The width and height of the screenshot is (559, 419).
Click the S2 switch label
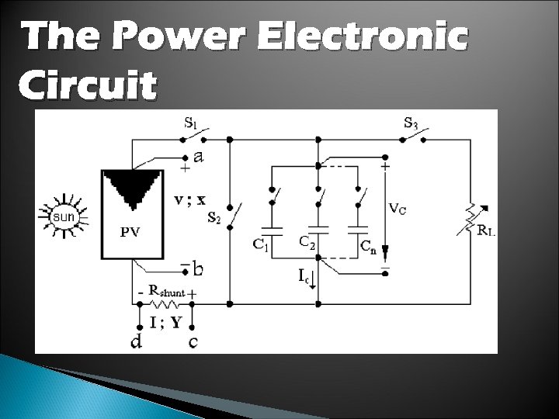[x=214, y=218]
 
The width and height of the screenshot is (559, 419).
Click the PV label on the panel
[x=131, y=231]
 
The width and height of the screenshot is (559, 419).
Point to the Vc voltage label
[x=398, y=208]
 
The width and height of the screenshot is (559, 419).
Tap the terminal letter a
[x=199, y=157]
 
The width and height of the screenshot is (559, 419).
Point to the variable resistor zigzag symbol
[x=468, y=218]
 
